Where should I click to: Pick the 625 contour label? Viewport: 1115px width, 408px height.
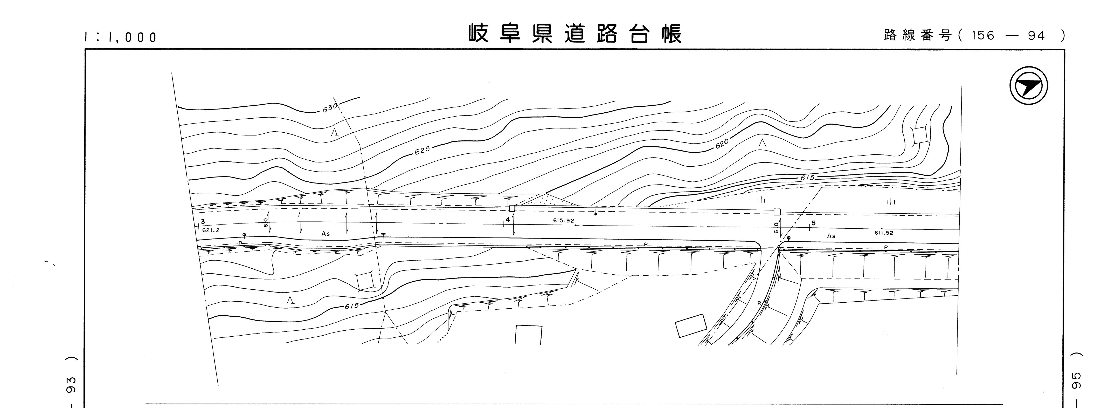422,150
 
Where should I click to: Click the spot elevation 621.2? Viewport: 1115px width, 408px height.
211,230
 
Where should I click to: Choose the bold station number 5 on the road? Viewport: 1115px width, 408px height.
813,223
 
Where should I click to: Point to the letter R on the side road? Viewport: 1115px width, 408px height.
759,303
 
